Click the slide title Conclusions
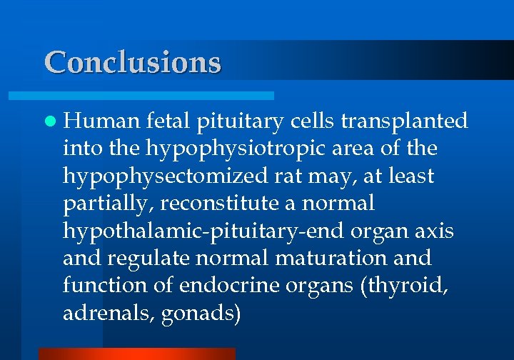(133, 62)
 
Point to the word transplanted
(405, 121)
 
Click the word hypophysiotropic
(238, 149)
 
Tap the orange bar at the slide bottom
(136, 354)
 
